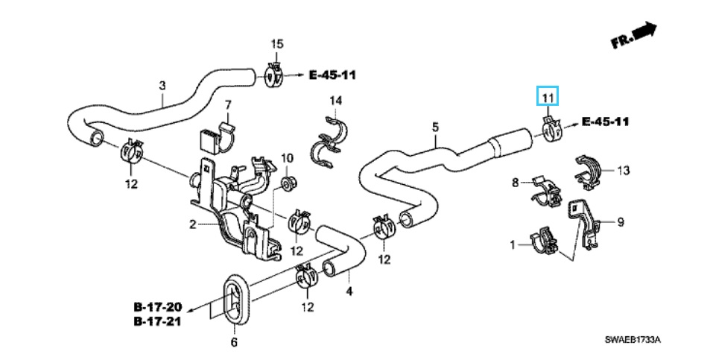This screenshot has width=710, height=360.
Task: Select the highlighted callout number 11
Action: point(548,97)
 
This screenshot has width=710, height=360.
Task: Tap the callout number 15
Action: point(277,44)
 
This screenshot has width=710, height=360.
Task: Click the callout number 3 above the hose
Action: point(162,85)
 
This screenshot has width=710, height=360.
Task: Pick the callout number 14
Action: point(335,100)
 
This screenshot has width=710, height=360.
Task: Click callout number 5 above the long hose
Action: point(435,127)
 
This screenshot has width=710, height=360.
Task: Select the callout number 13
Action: point(624,170)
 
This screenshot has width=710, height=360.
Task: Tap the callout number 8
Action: point(516,183)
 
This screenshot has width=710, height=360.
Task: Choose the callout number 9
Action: point(621,222)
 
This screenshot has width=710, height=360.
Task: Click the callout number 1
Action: point(513,245)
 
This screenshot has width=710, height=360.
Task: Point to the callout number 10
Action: point(287,158)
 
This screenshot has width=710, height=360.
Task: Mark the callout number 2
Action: point(192,224)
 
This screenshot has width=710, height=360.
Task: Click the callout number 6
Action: point(234,342)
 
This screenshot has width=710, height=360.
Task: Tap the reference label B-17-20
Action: point(158,307)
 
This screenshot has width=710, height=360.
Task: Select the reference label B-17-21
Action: point(158,321)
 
